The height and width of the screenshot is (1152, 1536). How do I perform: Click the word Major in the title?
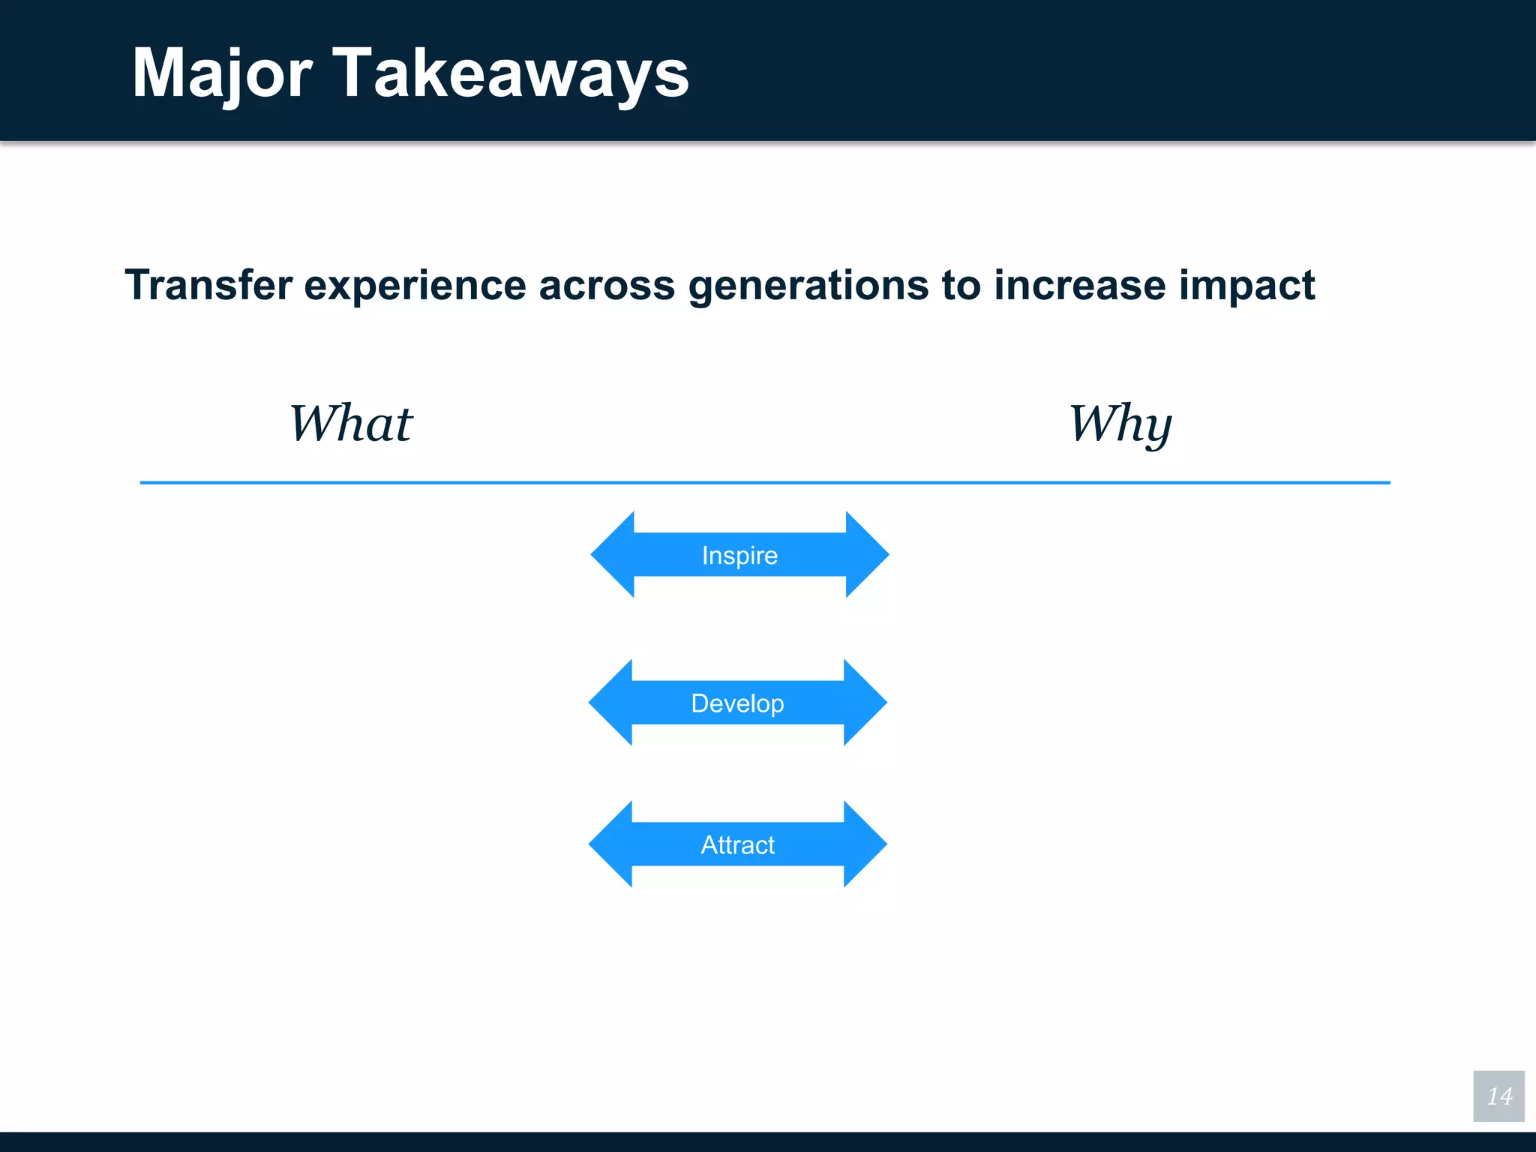222,73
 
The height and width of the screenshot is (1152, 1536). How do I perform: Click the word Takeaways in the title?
510,73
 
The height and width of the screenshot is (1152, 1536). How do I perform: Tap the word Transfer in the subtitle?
208,285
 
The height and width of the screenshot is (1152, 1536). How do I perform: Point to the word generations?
808,286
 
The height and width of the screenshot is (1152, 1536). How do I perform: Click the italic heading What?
351,424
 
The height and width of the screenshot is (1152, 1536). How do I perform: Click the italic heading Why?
1120,424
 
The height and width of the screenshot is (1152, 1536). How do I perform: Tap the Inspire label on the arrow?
739,555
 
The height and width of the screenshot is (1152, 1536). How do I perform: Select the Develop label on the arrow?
737,703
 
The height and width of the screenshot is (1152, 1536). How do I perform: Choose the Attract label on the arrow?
737,844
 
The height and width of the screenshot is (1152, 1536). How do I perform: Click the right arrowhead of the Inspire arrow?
865,555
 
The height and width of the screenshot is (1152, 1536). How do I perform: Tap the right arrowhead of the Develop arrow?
863,703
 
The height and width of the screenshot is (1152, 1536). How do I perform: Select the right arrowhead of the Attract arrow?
863,844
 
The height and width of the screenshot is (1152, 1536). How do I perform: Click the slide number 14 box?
1498,1096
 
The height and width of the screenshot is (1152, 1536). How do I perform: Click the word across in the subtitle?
606,286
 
